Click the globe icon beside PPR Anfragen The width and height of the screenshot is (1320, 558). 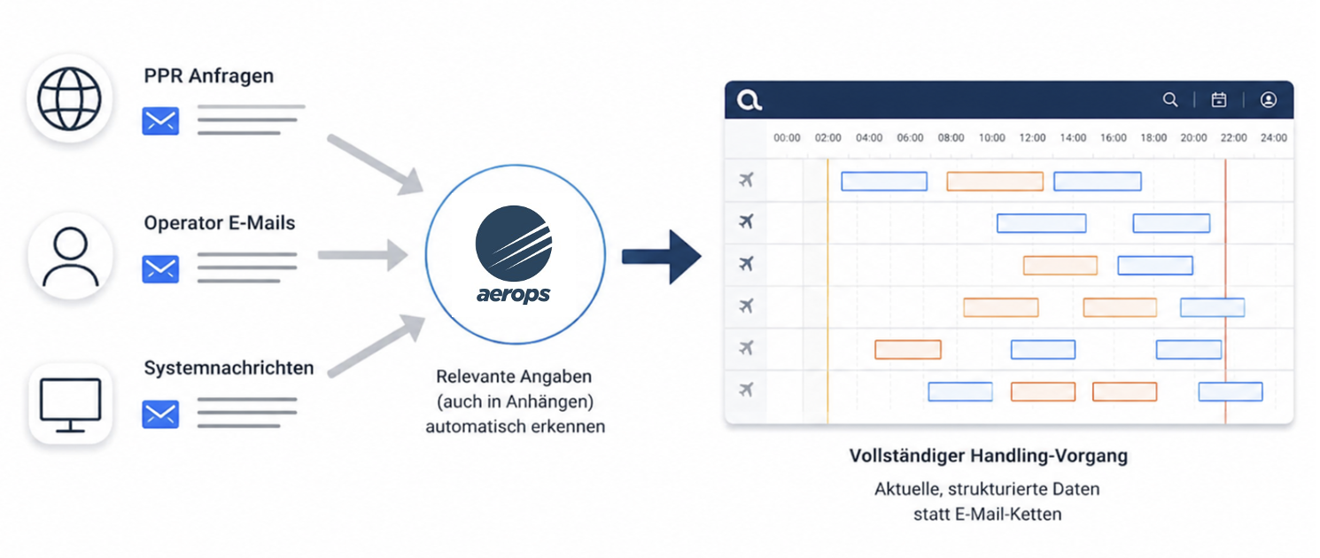coord(69,98)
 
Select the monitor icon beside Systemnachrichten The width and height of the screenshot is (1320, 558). coord(70,405)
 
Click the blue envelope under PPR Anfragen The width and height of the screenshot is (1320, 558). coord(160,120)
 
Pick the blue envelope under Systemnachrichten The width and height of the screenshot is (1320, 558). coord(160,414)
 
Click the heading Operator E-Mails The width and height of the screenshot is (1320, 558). coord(219,222)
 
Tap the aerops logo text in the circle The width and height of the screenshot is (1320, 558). coord(513,293)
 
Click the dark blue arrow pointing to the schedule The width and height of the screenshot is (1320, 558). coord(662,257)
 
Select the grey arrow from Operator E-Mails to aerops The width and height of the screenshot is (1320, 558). coord(362,255)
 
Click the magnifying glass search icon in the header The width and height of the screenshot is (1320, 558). coord(1170,99)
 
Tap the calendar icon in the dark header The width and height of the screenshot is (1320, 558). coord(1219,99)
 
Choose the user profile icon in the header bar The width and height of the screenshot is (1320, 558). coord(1268,99)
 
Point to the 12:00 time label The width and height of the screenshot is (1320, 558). coord(1032,138)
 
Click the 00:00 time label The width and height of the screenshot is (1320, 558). coord(787,138)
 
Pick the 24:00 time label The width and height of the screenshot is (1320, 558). coord(1273,138)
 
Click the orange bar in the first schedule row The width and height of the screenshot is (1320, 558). coord(995,182)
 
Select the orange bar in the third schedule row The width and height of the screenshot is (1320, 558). coord(1060,265)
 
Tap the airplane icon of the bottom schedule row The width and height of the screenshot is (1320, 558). coord(746,390)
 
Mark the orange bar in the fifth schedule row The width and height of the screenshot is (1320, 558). coord(908,349)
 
